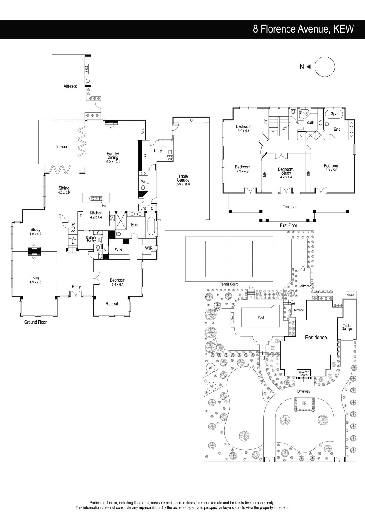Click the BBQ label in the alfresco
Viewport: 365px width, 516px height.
click(x=87, y=69)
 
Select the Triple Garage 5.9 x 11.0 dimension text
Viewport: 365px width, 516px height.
click(x=183, y=184)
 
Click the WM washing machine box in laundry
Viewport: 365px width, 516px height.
click(x=170, y=159)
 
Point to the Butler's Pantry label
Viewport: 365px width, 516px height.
click(x=91, y=239)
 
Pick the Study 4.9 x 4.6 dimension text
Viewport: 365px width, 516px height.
click(x=35, y=234)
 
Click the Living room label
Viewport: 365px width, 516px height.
click(x=35, y=278)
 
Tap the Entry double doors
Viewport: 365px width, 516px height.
click(x=76, y=294)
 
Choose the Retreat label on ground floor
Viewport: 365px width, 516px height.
click(x=112, y=304)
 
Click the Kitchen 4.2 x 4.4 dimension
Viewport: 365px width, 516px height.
click(x=96, y=217)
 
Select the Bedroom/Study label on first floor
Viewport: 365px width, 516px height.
click(x=286, y=171)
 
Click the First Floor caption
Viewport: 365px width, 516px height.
click(x=288, y=225)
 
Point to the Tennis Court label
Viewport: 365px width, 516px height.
click(x=229, y=284)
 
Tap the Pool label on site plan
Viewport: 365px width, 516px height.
click(x=261, y=317)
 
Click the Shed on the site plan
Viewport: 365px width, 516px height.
click(x=350, y=295)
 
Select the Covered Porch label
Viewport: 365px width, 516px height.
click(x=303, y=373)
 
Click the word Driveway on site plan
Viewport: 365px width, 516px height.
click(x=304, y=391)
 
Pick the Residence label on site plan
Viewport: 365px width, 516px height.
click(x=316, y=338)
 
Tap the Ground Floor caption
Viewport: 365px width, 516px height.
click(x=36, y=322)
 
